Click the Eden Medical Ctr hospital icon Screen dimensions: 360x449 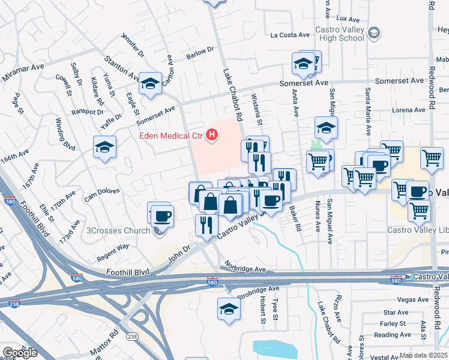(211, 135)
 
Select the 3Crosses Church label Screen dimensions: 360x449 (118, 230)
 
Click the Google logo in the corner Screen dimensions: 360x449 (20, 353)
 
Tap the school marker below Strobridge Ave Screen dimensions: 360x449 (229, 308)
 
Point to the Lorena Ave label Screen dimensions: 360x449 (408, 110)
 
